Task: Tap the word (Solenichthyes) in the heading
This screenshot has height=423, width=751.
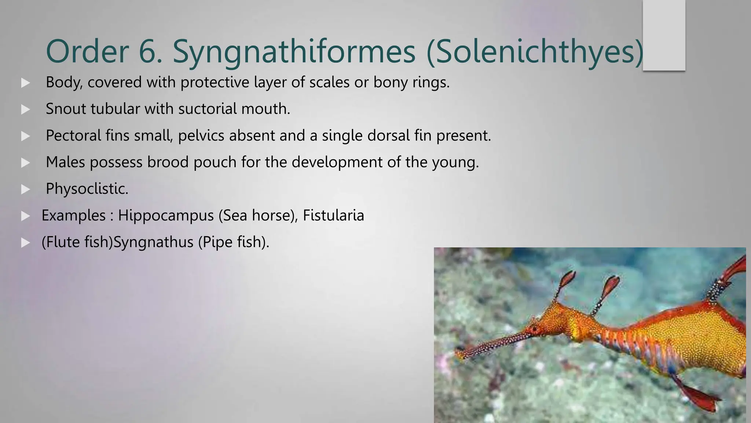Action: (x=535, y=52)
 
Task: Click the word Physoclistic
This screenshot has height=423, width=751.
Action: (x=87, y=189)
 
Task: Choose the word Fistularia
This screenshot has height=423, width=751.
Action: (x=333, y=216)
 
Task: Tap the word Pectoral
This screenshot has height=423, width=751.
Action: (x=73, y=135)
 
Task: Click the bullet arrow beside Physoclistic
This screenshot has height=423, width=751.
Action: (x=25, y=189)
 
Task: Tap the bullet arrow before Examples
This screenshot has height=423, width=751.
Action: (x=25, y=216)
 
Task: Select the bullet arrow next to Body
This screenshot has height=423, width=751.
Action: (x=25, y=83)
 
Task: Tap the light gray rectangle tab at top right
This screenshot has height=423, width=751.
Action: (x=664, y=35)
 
